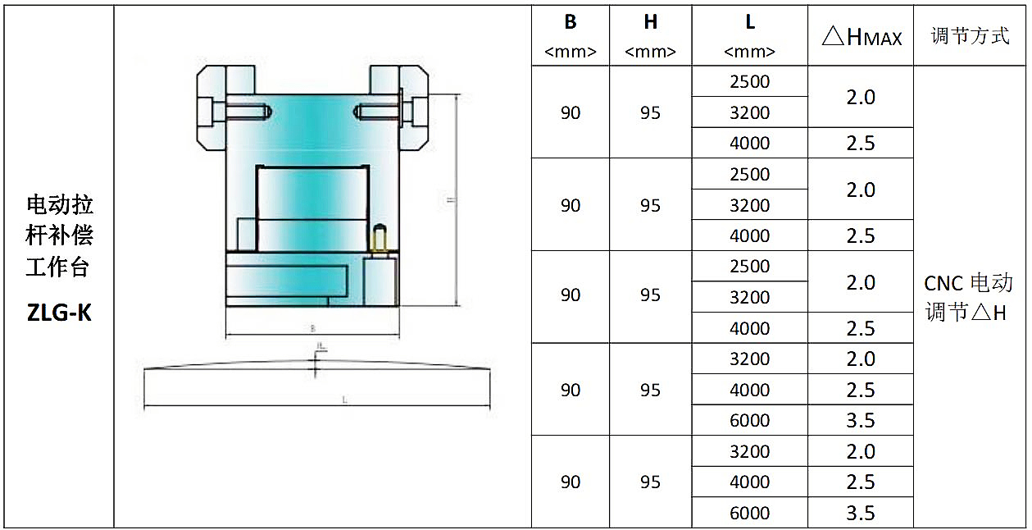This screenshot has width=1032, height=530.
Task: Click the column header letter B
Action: coord(571,22)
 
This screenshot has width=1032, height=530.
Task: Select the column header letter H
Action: coord(650,22)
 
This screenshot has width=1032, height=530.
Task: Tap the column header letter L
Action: coord(750,22)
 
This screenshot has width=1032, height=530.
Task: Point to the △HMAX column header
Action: coord(861,36)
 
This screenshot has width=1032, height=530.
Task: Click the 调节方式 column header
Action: coord(971,36)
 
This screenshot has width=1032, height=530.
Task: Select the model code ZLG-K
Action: coord(59,313)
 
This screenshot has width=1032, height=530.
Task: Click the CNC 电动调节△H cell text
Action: coord(969,297)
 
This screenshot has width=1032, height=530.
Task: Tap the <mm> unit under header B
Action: coord(571,52)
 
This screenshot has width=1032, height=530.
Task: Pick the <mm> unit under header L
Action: coord(750,52)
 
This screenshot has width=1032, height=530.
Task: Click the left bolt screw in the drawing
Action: coord(238,110)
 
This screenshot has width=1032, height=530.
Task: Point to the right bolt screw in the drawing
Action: coord(384,110)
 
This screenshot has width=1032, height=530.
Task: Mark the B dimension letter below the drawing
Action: coord(312,328)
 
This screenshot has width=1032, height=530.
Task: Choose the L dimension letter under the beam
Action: coord(345,400)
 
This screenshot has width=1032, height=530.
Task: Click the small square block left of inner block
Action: coord(247,234)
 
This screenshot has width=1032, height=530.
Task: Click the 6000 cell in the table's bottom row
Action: coord(750,513)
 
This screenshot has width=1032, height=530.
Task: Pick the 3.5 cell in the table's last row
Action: coord(861,513)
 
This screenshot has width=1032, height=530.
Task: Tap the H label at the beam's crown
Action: coord(321,349)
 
